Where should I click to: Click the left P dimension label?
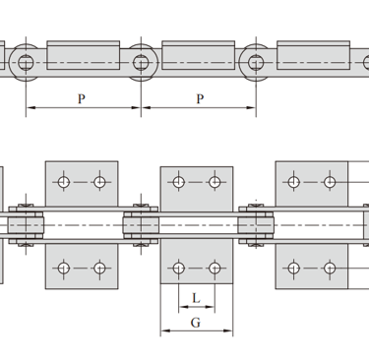pyautogui.click(x=82, y=98)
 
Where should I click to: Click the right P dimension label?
pyautogui.click(x=200, y=98)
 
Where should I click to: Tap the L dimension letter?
pyautogui.click(x=196, y=298)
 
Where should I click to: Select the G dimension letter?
pyautogui.click(x=196, y=323)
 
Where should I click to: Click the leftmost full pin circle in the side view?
pyautogui.click(x=26, y=63)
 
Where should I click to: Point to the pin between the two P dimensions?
pyautogui.click(x=141, y=63)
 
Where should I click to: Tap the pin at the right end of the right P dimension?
pyautogui.click(x=256, y=63)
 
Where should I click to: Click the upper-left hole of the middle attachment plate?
pyautogui.click(x=178, y=182)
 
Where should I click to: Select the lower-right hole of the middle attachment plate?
pyautogui.click(x=215, y=268)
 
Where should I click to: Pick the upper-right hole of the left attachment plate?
pyautogui.click(x=99, y=182)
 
